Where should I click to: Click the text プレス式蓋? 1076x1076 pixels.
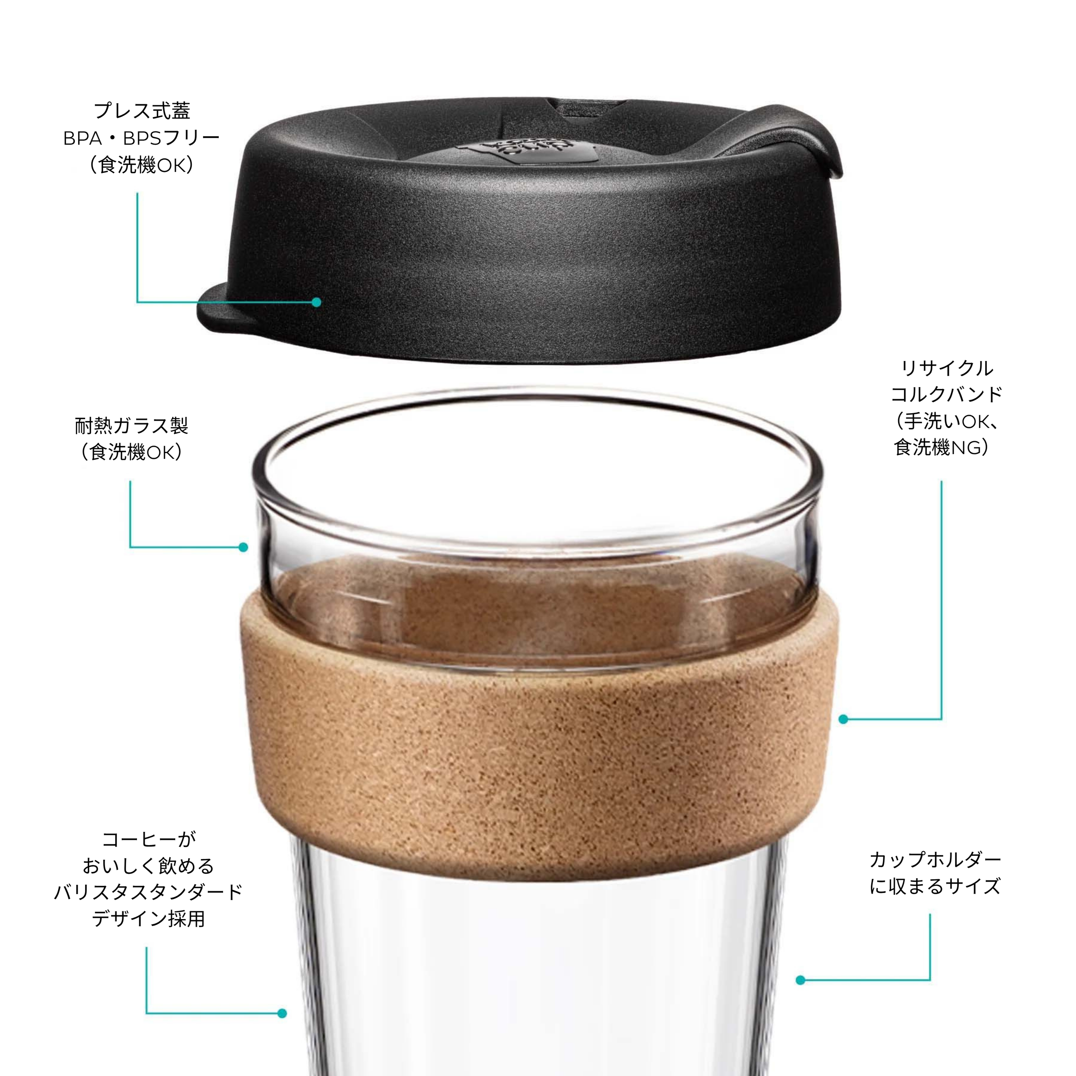(142, 111)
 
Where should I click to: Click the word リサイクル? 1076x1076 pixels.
(947, 368)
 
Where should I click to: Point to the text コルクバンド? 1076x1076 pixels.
(947, 394)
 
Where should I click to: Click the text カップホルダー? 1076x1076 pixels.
(936, 859)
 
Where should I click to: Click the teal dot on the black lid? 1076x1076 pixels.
(316, 302)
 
